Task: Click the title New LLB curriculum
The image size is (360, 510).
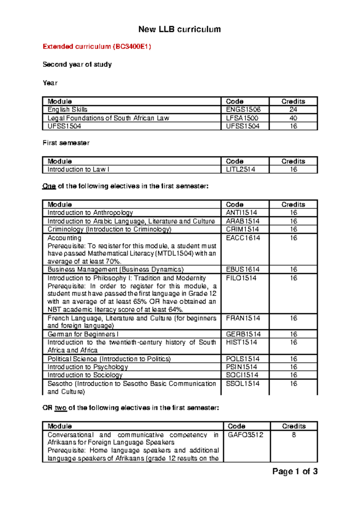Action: pyautogui.click(x=179, y=29)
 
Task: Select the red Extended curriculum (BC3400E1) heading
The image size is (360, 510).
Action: pyautogui.click(x=97, y=46)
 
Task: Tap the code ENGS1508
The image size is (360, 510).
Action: pyautogui.click(x=243, y=110)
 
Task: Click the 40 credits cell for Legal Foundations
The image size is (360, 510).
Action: pyautogui.click(x=293, y=118)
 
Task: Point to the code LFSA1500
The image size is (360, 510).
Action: pyautogui.click(x=242, y=118)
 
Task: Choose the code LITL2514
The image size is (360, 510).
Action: pyautogui.click(x=241, y=169)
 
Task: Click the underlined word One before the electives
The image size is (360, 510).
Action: pyautogui.click(x=49, y=186)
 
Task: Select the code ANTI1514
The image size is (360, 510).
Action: pyautogui.click(x=241, y=213)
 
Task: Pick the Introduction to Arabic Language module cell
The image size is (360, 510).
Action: pyautogui.click(x=131, y=221)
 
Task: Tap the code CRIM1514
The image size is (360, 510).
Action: pyautogui.click(x=242, y=229)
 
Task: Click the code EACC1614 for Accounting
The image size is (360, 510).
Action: pyautogui.click(x=243, y=238)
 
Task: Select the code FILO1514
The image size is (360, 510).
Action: pyautogui.click(x=241, y=278)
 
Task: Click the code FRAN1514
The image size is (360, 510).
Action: pyautogui.click(x=243, y=318)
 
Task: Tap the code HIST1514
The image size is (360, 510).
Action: pyautogui.click(x=241, y=342)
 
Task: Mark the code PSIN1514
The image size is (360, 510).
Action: pyautogui.click(x=241, y=367)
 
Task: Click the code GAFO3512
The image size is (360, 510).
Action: pyautogui.click(x=245, y=435)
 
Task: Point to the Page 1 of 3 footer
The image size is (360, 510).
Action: pyautogui.click(x=295, y=472)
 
